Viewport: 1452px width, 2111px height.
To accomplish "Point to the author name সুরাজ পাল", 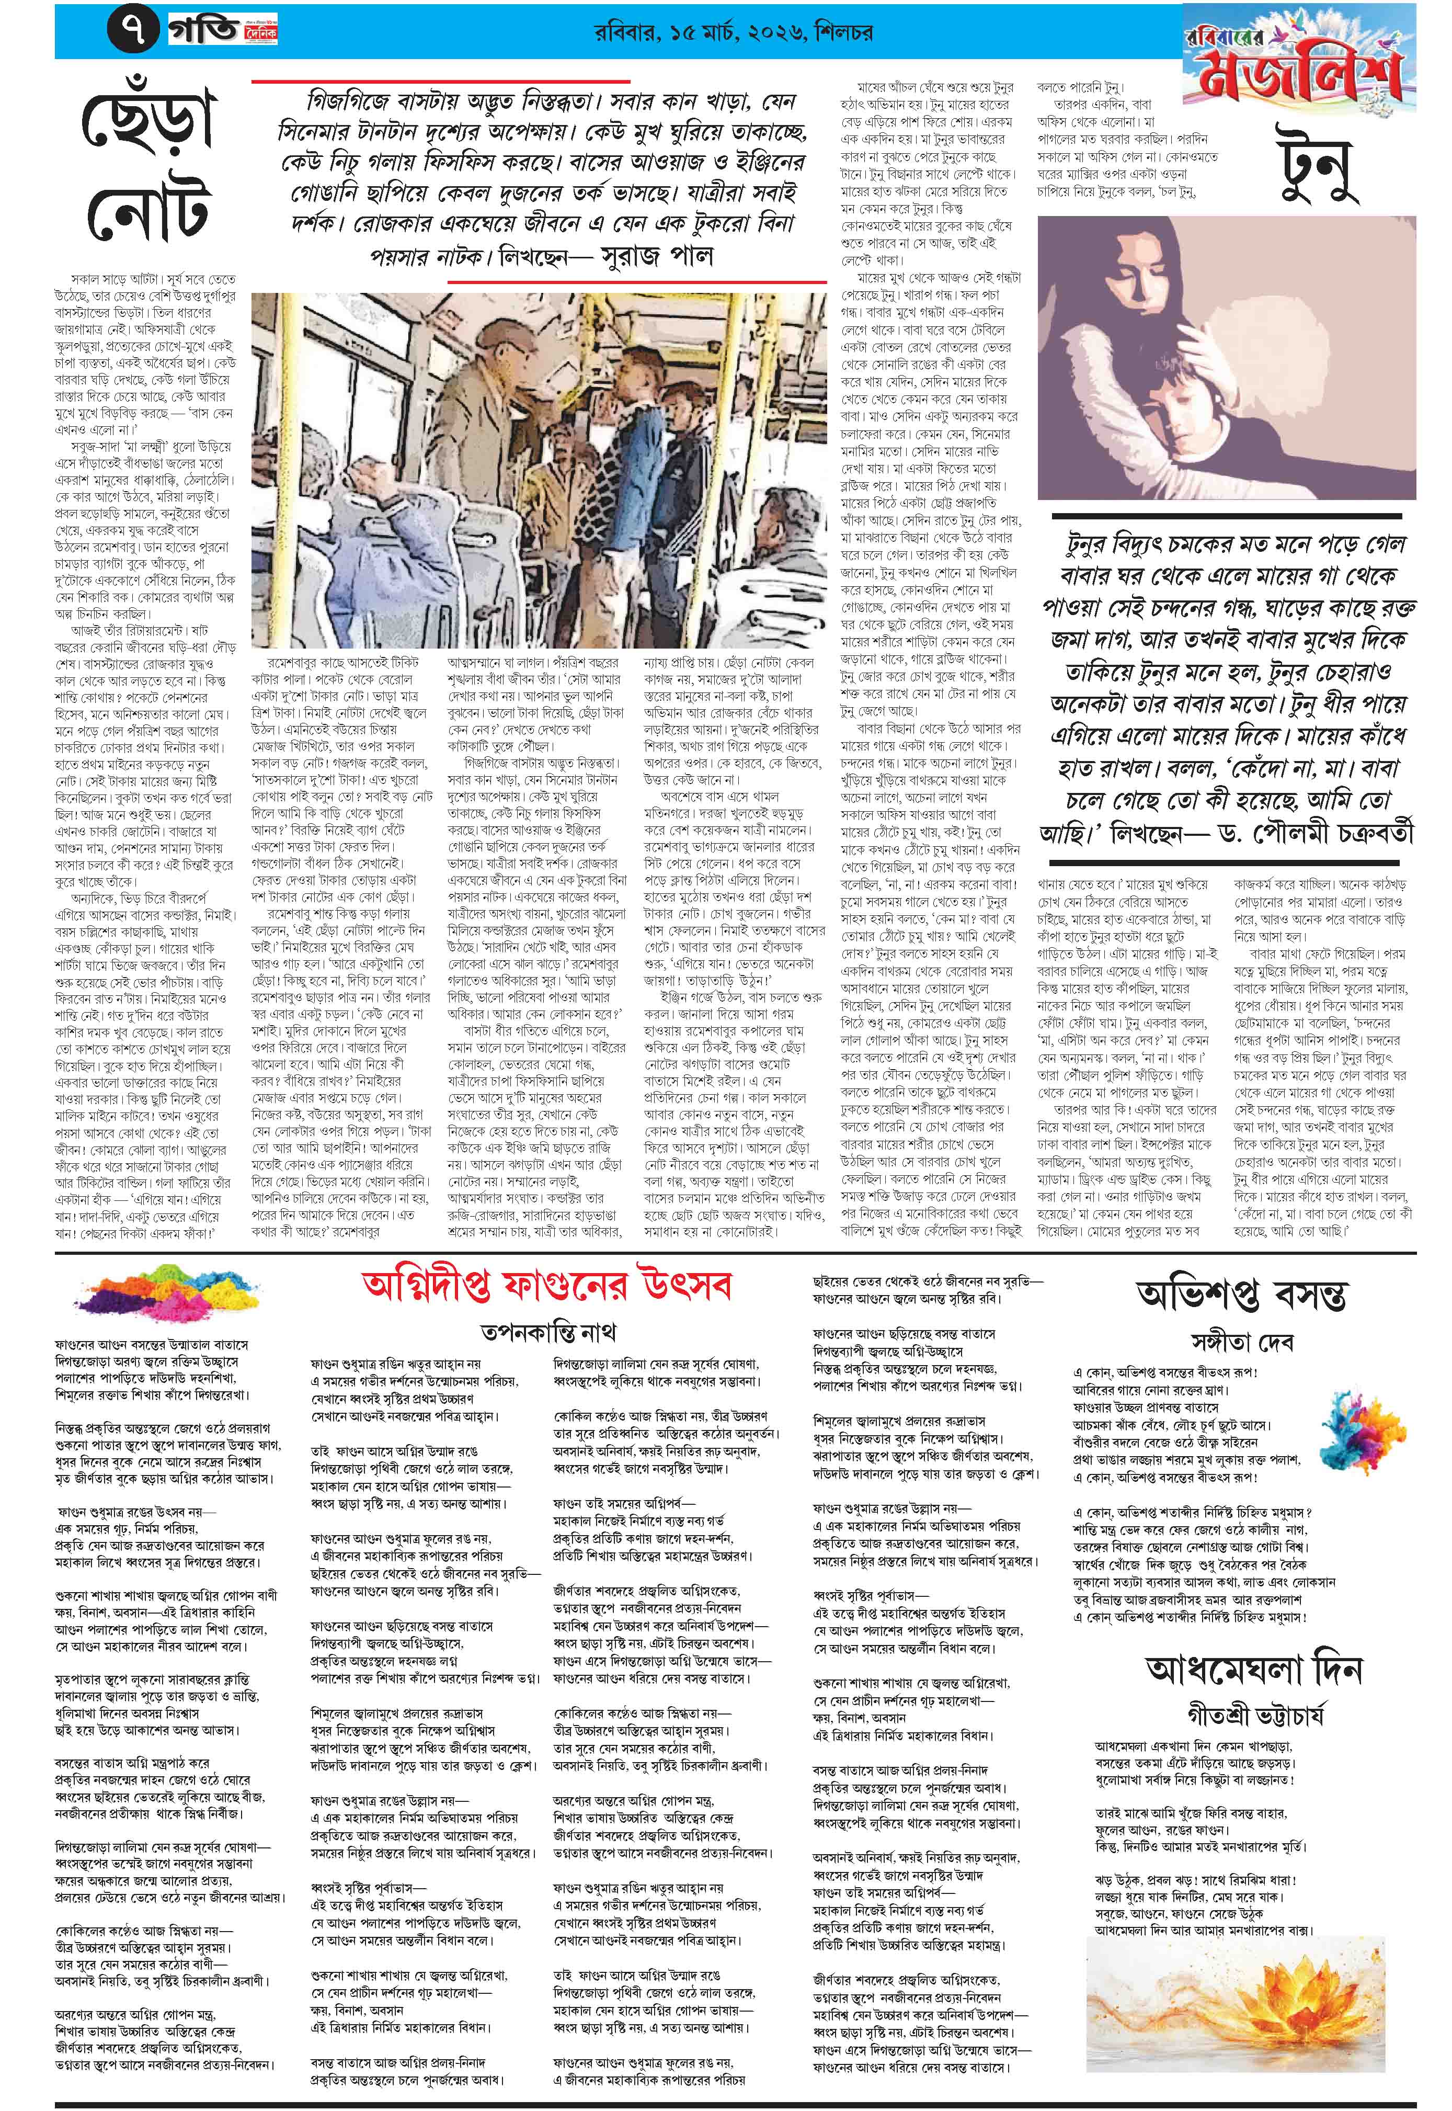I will point(657,257).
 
